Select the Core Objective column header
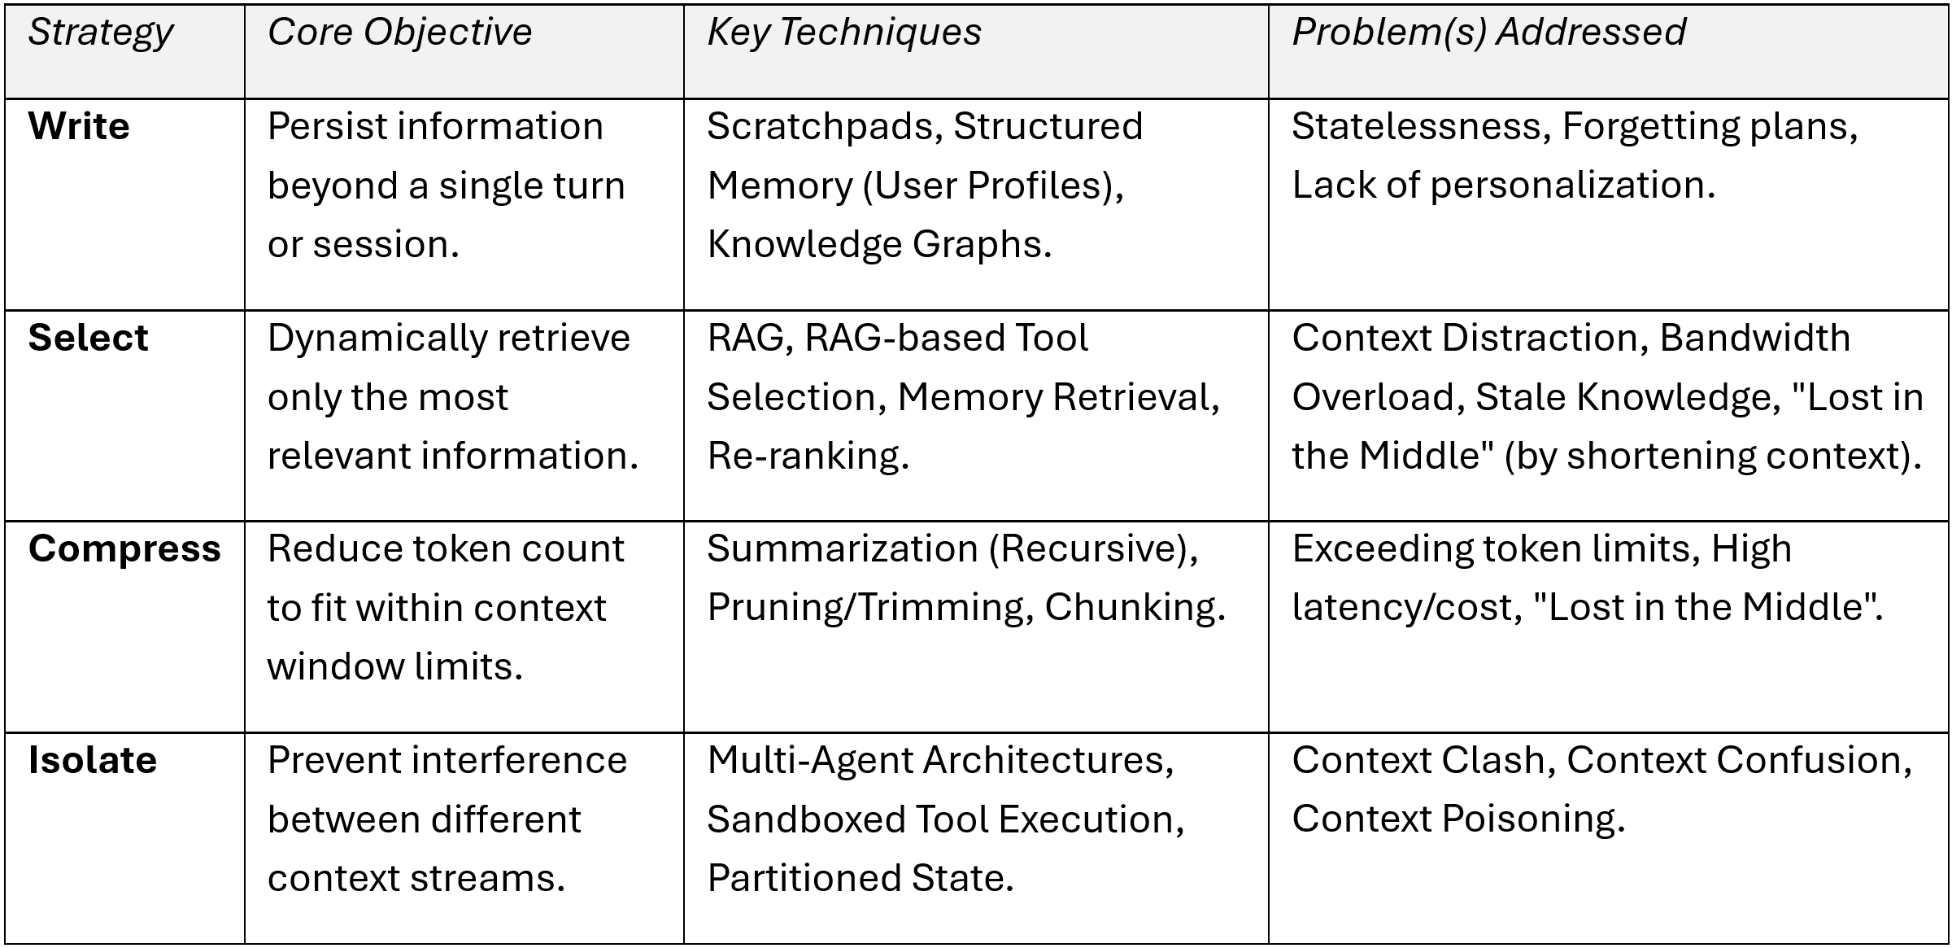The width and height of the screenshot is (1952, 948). point(399,33)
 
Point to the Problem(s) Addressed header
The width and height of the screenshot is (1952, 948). point(1488,33)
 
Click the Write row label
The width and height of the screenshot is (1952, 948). point(79,127)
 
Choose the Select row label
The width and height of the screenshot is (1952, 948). point(88,338)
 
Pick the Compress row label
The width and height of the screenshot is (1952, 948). point(124,550)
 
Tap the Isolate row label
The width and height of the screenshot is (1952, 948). point(93,760)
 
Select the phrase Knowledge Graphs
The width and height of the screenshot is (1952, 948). point(879,245)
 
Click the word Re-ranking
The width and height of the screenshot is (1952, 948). point(808,457)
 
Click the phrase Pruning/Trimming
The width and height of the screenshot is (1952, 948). point(870,608)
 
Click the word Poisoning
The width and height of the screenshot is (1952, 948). point(1533,819)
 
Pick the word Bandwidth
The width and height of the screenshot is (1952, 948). point(1754,338)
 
